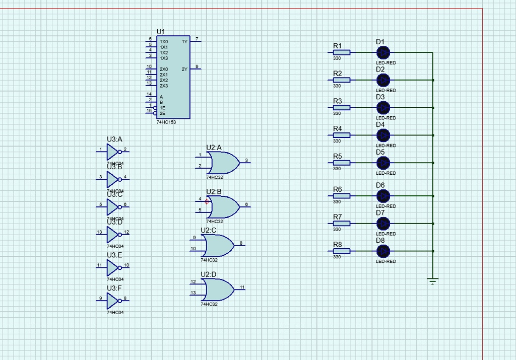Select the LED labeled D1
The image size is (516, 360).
(383, 52)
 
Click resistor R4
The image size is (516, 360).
(341, 135)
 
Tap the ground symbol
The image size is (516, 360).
(432, 281)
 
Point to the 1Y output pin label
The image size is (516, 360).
(184, 42)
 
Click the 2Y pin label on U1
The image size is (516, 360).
(184, 69)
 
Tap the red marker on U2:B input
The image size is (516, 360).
(207, 201)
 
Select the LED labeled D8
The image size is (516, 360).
(383, 251)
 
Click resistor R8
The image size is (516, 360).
(341, 251)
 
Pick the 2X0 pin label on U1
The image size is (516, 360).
(164, 69)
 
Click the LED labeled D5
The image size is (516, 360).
(383, 163)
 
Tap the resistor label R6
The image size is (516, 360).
(337, 189)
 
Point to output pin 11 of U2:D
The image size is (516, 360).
(242, 287)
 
